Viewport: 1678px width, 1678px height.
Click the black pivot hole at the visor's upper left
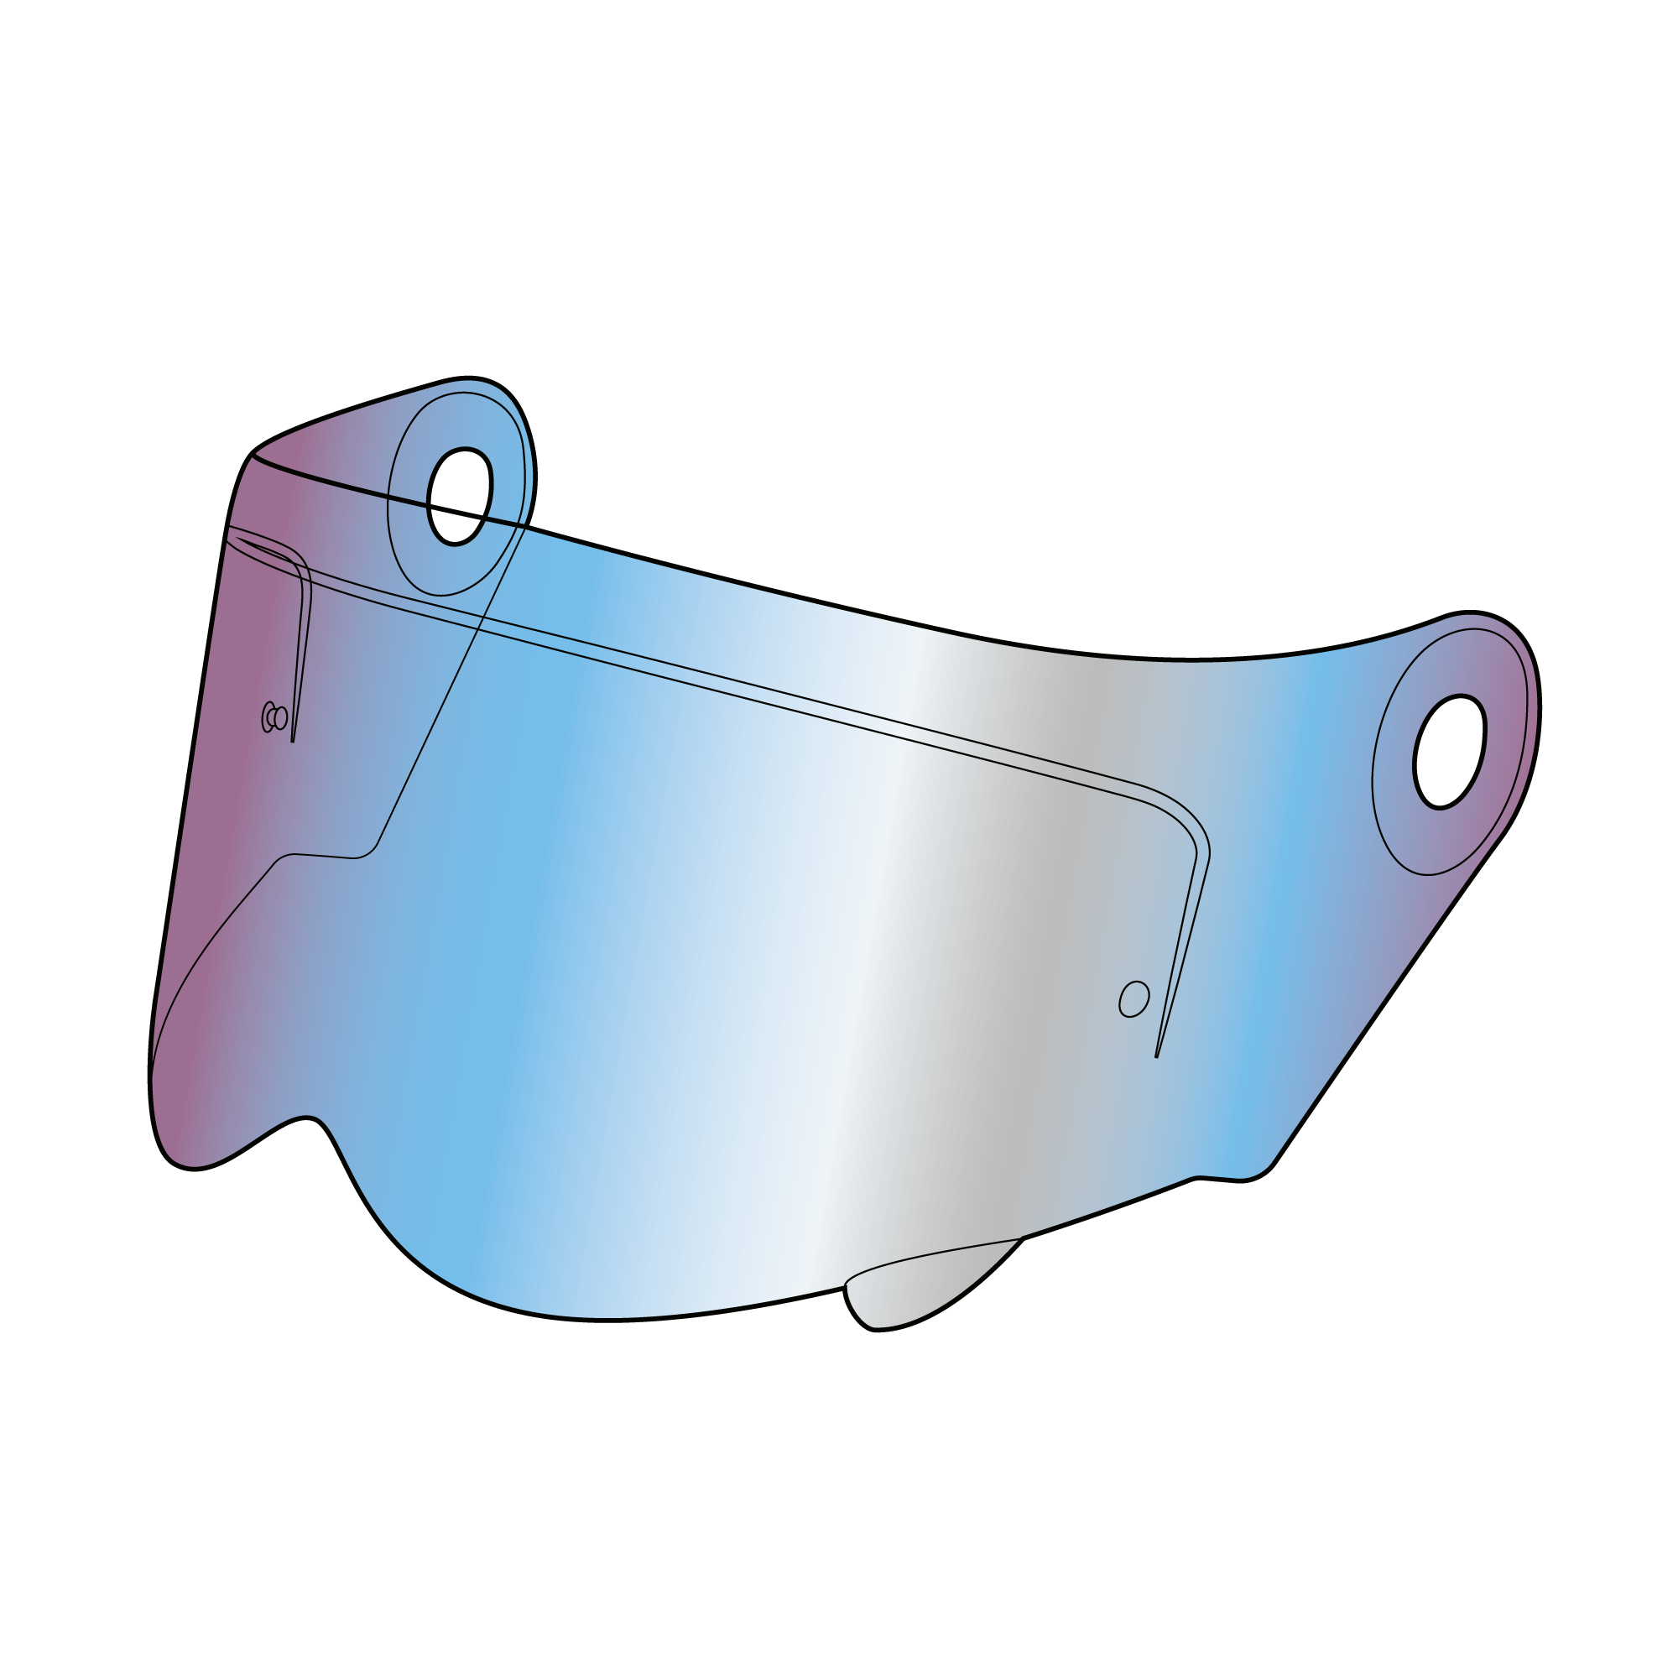pos(460,496)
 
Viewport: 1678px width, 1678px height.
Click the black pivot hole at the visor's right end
pos(1449,751)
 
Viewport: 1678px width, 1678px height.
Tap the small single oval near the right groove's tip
pos(1133,998)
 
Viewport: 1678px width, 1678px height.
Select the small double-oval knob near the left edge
pos(274,717)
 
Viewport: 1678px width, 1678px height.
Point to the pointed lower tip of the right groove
pos(1157,1056)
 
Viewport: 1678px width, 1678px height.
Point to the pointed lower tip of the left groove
pos(293,741)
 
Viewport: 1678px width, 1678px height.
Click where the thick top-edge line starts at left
pos(254,455)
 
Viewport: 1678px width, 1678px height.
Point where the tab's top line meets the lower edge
pos(1019,1237)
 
